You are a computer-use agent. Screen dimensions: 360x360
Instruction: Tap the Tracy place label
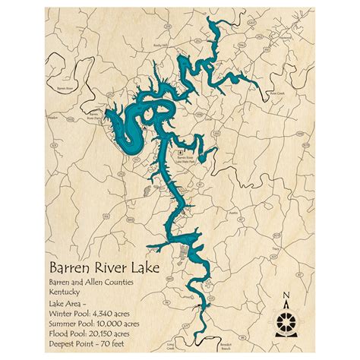coord(276,247)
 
